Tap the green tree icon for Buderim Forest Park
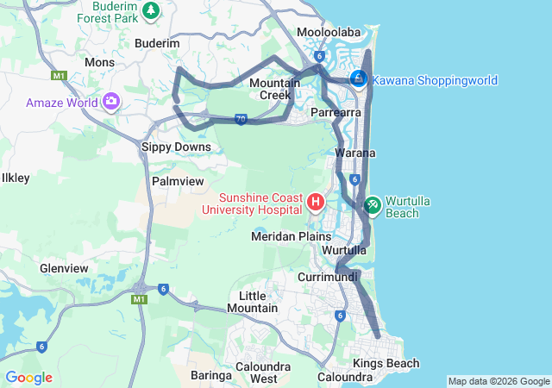[x=152, y=10]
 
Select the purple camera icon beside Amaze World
[x=110, y=103]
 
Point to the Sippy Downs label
[x=176, y=147]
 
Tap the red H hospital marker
[x=317, y=203]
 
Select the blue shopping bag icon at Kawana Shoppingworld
[x=358, y=79]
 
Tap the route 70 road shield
[x=241, y=119]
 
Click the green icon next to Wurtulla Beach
[x=373, y=204]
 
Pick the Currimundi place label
[x=327, y=278]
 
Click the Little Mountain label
[x=253, y=302]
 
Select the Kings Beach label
[x=386, y=363]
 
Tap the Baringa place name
[x=210, y=376]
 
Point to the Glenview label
[x=64, y=268]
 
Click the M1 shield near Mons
[x=59, y=76]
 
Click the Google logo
[x=28, y=378]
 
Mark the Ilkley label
[x=16, y=178]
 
